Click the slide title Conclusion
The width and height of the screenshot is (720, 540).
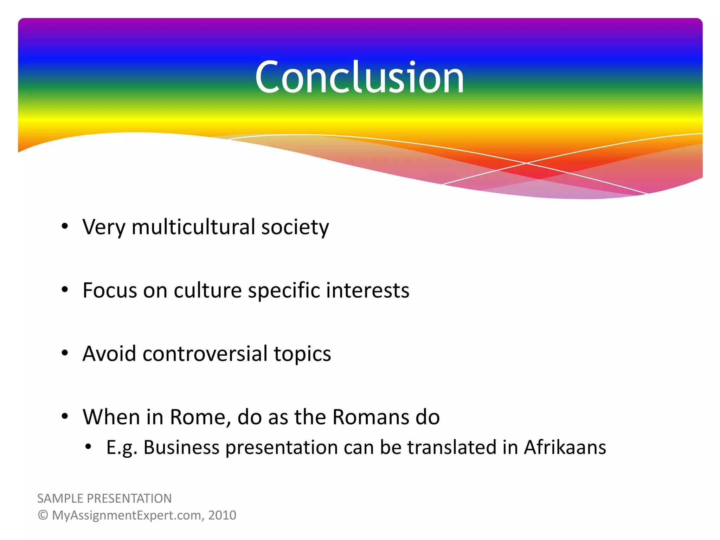tap(359, 77)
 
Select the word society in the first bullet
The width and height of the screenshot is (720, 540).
tap(295, 227)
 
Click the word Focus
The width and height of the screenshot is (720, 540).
tap(110, 290)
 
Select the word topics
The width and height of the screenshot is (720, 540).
tap(302, 354)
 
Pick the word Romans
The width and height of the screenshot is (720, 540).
tap(371, 417)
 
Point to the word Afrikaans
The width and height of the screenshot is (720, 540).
tap(565, 447)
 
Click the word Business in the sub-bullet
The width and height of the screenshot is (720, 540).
tap(181, 447)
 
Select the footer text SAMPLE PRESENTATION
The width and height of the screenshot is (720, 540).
tap(104, 499)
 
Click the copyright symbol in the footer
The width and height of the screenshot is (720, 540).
tap(43, 515)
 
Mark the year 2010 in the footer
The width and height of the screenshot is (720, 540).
tap(222, 515)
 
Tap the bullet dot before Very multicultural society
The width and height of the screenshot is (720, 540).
tap(64, 226)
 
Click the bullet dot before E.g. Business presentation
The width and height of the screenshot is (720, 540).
tap(88, 447)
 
